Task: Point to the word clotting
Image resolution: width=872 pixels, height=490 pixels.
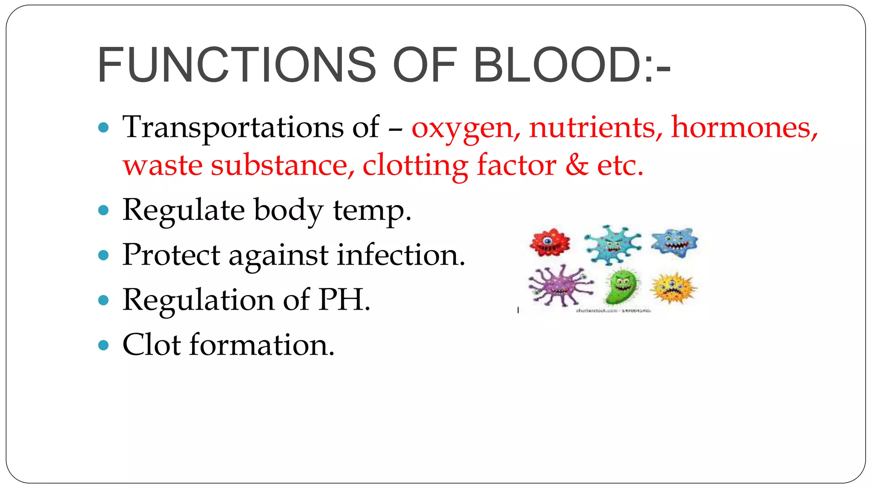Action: coord(415,165)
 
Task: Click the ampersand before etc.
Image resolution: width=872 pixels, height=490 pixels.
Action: coord(577,165)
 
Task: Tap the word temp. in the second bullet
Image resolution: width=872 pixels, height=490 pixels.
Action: coord(372,210)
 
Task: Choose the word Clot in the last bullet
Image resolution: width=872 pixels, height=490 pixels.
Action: coord(152,344)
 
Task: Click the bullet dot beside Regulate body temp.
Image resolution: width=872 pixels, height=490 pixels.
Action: coord(103,210)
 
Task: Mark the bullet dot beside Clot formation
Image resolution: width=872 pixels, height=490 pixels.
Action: coord(103,345)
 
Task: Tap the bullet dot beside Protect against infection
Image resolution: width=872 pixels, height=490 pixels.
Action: coord(103,255)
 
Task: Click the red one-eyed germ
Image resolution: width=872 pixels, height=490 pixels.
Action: coord(549,242)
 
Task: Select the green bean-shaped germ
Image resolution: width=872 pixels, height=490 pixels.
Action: coord(622,287)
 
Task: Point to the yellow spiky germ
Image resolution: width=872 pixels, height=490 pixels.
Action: coord(673,288)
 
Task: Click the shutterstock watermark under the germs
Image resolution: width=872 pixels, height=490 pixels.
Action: coord(613,311)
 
